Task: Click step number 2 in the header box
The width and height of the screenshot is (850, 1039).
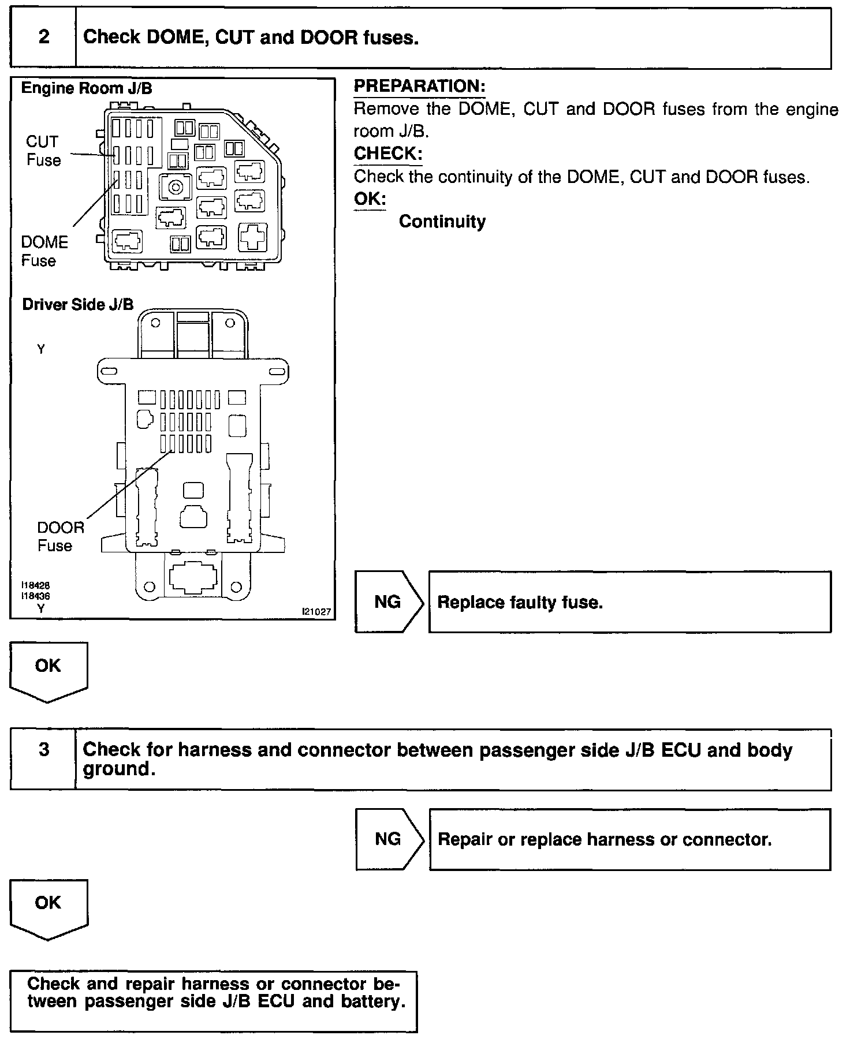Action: [44, 38]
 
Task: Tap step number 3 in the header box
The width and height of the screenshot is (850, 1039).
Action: [44, 750]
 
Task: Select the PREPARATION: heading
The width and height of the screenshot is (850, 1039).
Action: [419, 87]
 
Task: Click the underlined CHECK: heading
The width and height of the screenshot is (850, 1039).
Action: [388, 154]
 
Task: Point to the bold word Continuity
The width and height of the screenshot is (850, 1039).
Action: [442, 222]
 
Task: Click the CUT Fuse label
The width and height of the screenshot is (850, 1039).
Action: [43, 151]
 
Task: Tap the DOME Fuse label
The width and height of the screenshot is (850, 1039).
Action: [44, 251]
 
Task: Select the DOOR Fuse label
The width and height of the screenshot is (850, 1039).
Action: [60, 536]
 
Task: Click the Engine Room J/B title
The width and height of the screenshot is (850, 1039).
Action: [87, 88]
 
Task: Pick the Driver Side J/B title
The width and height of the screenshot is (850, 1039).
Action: [78, 305]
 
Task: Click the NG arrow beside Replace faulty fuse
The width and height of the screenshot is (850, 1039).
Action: [388, 602]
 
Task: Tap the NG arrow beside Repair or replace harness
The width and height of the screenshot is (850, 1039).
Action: [388, 839]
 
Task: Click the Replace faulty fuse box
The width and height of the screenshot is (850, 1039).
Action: [629, 602]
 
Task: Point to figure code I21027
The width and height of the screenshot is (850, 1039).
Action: [316, 612]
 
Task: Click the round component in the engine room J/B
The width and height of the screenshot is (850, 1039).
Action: [173, 187]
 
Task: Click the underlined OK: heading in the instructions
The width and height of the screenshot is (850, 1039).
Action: [370, 199]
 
